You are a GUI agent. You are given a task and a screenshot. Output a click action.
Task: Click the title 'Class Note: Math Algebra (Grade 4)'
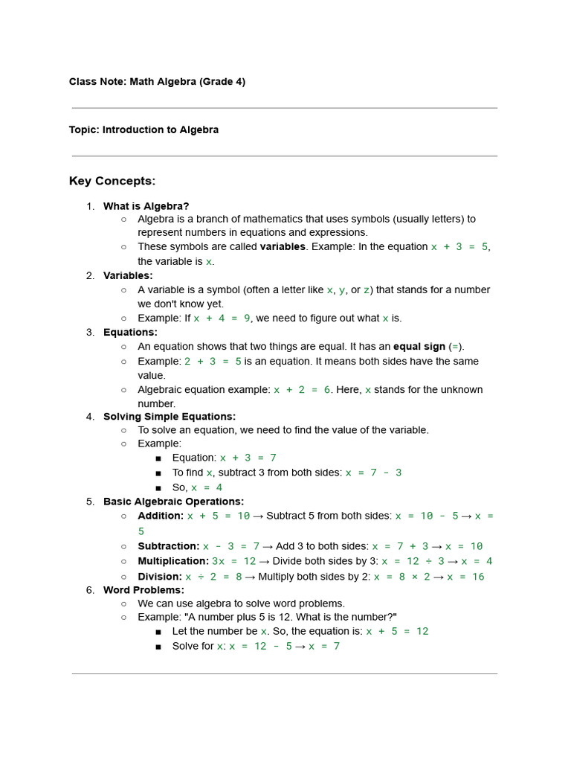click(157, 82)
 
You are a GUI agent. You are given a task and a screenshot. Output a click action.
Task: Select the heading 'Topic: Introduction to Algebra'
click(143, 129)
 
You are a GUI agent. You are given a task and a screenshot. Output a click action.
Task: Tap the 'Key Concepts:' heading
click(112, 181)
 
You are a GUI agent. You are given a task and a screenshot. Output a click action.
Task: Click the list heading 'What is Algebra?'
click(146, 206)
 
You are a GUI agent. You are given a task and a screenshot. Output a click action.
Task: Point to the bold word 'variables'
click(283, 246)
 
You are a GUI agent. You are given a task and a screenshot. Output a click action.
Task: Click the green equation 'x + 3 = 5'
click(459, 246)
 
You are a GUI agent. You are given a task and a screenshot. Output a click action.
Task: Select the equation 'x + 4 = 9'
click(222, 318)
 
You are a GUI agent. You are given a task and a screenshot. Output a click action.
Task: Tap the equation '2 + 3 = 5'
click(213, 361)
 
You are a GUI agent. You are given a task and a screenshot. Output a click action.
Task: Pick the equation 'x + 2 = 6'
click(302, 389)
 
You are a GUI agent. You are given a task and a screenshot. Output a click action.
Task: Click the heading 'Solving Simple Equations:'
click(170, 417)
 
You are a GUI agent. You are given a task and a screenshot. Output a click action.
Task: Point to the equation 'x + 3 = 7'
click(248, 458)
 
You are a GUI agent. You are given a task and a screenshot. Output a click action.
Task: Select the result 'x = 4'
click(207, 487)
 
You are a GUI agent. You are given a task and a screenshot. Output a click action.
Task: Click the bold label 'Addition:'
click(161, 516)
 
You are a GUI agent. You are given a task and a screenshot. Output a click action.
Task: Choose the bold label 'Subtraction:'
click(169, 546)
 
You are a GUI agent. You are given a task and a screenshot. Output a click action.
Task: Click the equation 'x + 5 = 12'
click(397, 631)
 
